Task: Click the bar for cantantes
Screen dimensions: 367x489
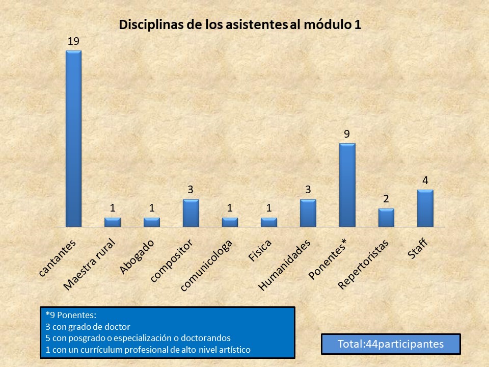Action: point(73,138)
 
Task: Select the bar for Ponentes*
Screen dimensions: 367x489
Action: point(347,185)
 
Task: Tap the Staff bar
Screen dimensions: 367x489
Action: point(425,208)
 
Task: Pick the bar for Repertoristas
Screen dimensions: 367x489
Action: point(386,218)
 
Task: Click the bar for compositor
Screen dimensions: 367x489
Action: point(191,213)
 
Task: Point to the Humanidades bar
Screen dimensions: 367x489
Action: point(308,213)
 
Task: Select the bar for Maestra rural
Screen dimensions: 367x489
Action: point(113,222)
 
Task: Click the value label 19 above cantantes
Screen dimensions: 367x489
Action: point(73,41)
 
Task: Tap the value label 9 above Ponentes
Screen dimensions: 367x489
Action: point(347,135)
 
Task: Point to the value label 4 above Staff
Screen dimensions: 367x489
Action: point(425,181)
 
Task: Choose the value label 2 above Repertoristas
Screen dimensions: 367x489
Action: point(386,199)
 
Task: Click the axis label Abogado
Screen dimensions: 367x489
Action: point(137,256)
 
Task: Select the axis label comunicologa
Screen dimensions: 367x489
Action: point(207,266)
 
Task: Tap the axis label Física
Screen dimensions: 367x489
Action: point(260,250)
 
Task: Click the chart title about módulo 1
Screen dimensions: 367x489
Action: point(240,25)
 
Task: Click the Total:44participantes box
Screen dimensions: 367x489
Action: point(391,344)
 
